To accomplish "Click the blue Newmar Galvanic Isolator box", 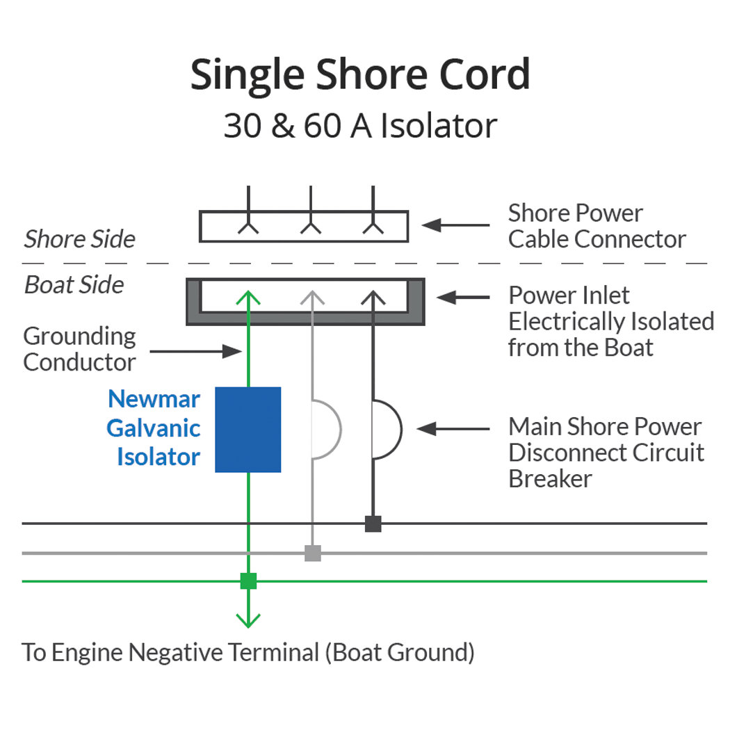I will coord(248,430).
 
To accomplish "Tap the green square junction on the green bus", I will coord(248,581).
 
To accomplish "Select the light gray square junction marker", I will coord(313,553).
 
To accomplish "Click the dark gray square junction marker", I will coord(373,524).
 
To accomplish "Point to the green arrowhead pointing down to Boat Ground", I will coord(248,619).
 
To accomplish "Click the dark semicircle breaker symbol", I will coord(387,430).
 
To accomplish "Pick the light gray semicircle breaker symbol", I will coord(327,430).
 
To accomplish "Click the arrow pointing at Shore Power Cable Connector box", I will coord(455,225).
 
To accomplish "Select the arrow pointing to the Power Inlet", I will coord(462,297).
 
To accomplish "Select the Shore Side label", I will coord(79,239).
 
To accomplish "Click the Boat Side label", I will coord(74,285).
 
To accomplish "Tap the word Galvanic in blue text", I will coord(153,428).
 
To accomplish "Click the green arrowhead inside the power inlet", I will coord(248,298).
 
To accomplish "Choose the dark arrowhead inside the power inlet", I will coord(373,298).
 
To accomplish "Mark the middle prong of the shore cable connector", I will coord(311,212).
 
